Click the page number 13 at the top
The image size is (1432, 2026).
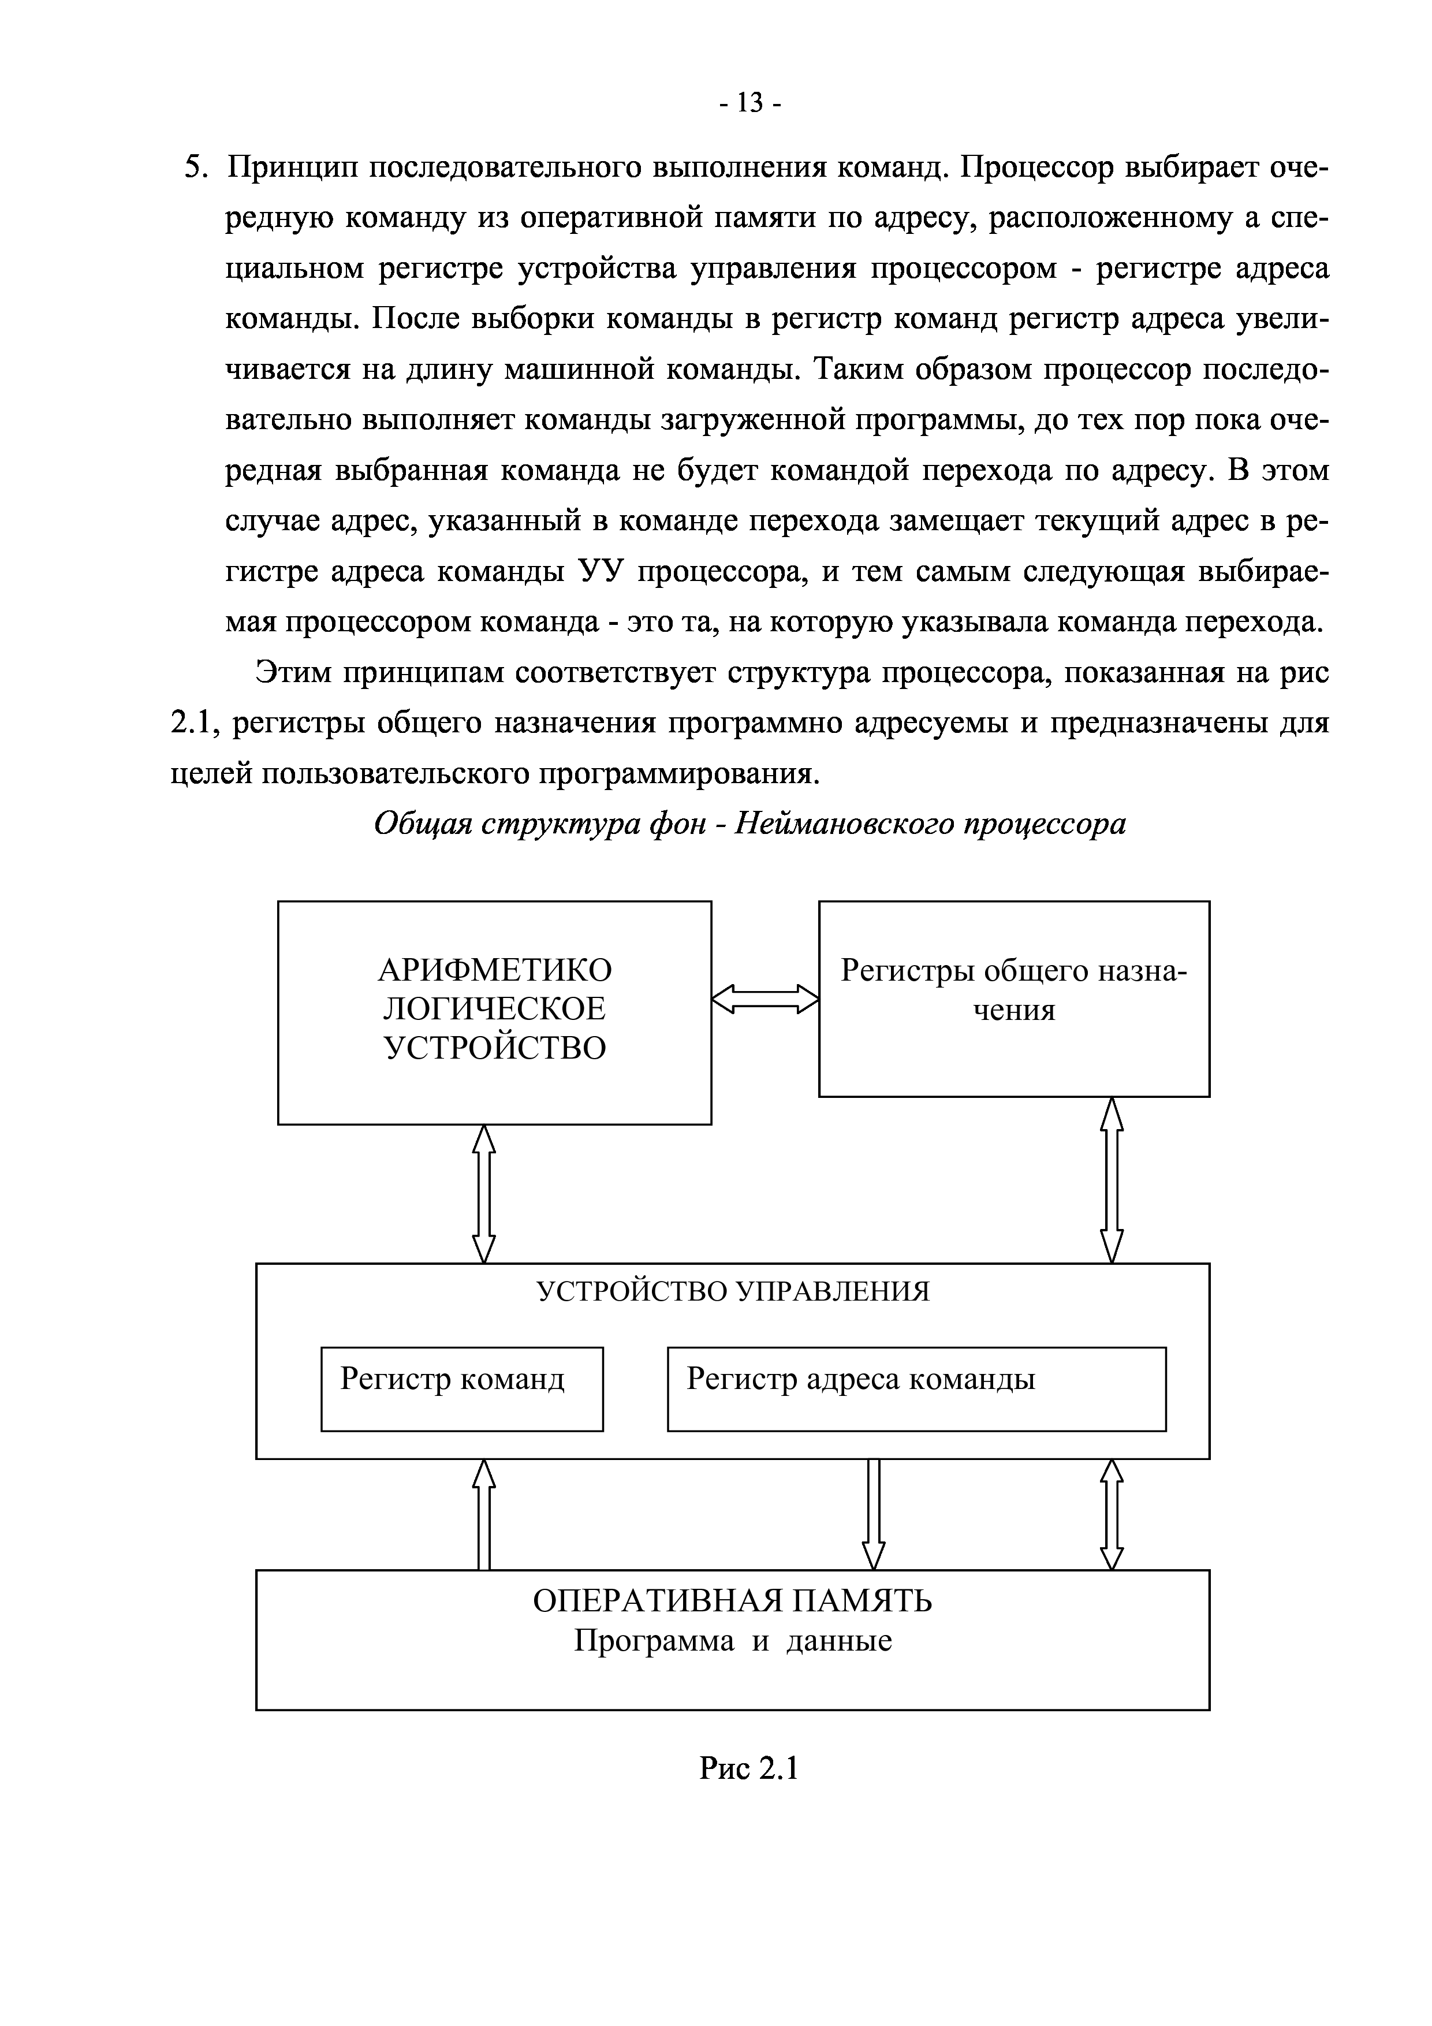tap(749, 104)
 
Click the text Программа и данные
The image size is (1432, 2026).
tap(732, 1640)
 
